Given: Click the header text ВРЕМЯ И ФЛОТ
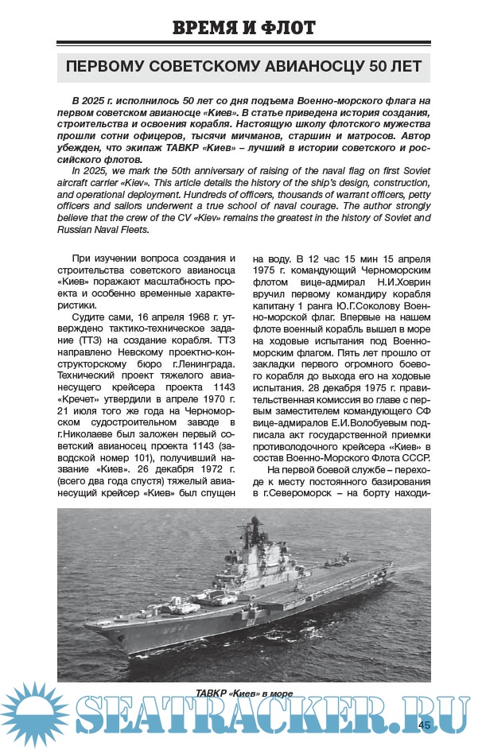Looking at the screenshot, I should pyautogui.click(x=244, y=28).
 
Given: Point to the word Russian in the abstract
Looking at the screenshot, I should pyautogui.click(x=89, y=229).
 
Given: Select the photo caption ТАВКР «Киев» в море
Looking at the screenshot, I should pyautogui.click(x=244, y=694).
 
